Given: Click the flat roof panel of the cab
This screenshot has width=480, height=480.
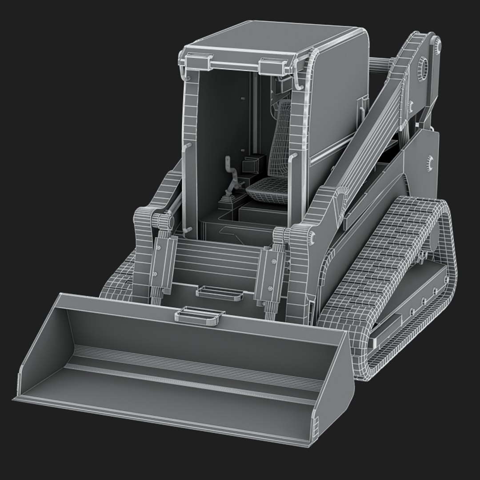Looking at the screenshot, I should click(276, 44).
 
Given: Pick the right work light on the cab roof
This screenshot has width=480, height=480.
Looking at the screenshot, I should click(271, 66).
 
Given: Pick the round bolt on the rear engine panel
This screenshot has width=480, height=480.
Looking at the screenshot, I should click(429, 163).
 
